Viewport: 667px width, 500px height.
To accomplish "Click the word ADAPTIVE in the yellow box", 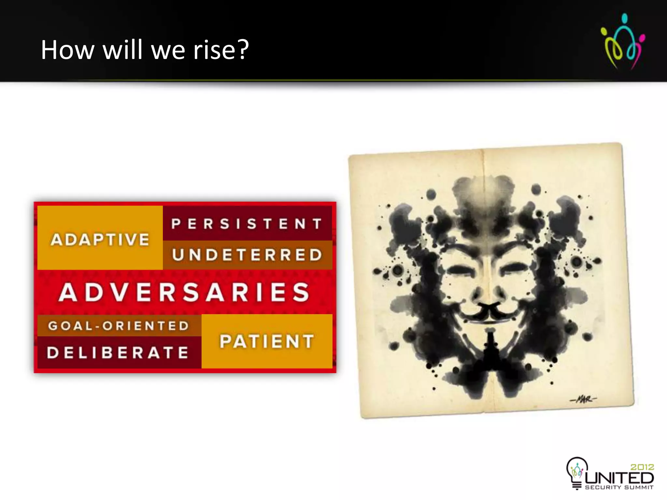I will tap(100, 240).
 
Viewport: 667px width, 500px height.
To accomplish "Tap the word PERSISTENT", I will tap(247, 224).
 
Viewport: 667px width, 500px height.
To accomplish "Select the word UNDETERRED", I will tap(247, 255).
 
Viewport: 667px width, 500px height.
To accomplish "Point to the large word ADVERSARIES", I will tap(184, 292).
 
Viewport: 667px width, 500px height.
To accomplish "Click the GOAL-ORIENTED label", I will tap(119, 326).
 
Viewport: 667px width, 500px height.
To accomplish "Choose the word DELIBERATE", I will tap(118, 353).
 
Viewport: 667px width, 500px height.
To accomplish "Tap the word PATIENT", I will tap(267, 341).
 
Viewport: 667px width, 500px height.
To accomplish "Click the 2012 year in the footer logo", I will tap(642, 467).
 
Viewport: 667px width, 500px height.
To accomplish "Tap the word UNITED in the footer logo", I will tap(619, 478).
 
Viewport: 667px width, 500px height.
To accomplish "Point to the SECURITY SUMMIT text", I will tap(619, 487).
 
